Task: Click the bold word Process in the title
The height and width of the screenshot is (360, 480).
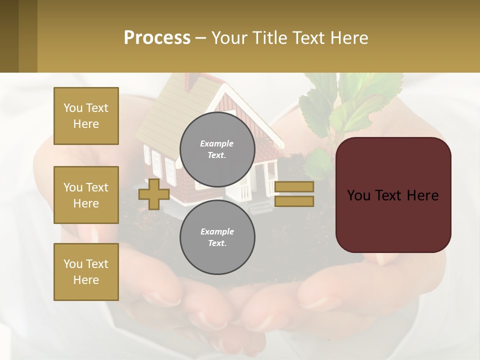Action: tap(157, 37)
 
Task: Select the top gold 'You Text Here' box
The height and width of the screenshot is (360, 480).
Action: tap(86, 116)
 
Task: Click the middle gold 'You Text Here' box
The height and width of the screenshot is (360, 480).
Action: tap(86, 195)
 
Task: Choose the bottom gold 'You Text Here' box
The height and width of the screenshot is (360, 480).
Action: tap(86, 272)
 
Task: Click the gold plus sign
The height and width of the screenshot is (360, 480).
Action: tap(154, 194)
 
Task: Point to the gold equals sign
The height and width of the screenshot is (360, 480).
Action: tap(294, 194)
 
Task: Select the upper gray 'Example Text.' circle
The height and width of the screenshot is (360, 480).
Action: tap(217, 149)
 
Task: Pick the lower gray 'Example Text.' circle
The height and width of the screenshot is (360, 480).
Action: tap(217, 237)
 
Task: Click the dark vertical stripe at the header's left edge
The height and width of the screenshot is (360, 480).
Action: tap(9, 36)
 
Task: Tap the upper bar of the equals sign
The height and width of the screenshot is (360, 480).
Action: tap(294, 187)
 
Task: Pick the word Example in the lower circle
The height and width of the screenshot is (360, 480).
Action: tap(217, 231)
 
